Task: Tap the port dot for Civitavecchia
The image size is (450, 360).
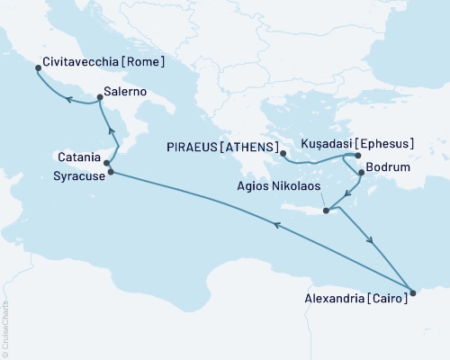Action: (37, 67)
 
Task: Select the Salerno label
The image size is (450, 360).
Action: (125, 92)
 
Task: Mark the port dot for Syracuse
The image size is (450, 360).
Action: (111, 171)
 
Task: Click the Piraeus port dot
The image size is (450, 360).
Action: (283, 153)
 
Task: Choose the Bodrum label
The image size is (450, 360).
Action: (386, 168)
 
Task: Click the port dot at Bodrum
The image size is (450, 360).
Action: (361, 172)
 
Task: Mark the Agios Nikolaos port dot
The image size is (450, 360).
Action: (327, 211)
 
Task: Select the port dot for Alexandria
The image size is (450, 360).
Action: (412, 291)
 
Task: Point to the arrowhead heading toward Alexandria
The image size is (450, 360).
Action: (370, 240)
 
